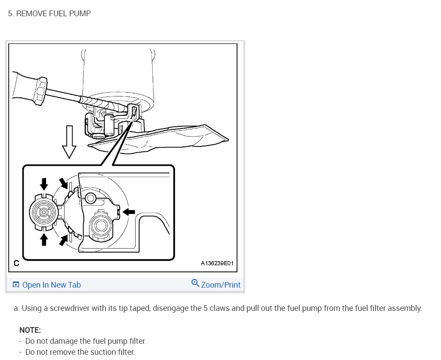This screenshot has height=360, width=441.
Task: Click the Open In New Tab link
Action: [51, 285]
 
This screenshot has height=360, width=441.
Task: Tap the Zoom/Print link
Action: [221, 285]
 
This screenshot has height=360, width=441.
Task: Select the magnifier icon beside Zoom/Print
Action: [196, 283]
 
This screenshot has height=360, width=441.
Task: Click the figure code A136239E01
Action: [217, 264]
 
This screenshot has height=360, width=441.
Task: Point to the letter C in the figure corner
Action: [16, 264]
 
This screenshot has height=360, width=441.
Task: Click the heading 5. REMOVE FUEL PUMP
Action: [50, 14]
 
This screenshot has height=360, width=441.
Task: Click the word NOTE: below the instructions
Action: [30, 330]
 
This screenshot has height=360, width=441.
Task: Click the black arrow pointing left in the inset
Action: [129, 212]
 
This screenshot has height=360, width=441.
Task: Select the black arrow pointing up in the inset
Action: [44, 239]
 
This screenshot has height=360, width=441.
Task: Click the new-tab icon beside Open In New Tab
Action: [16, 285]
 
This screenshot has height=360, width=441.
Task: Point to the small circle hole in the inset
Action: [90, 198]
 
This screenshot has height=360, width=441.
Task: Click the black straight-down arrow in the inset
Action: [44, 184]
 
